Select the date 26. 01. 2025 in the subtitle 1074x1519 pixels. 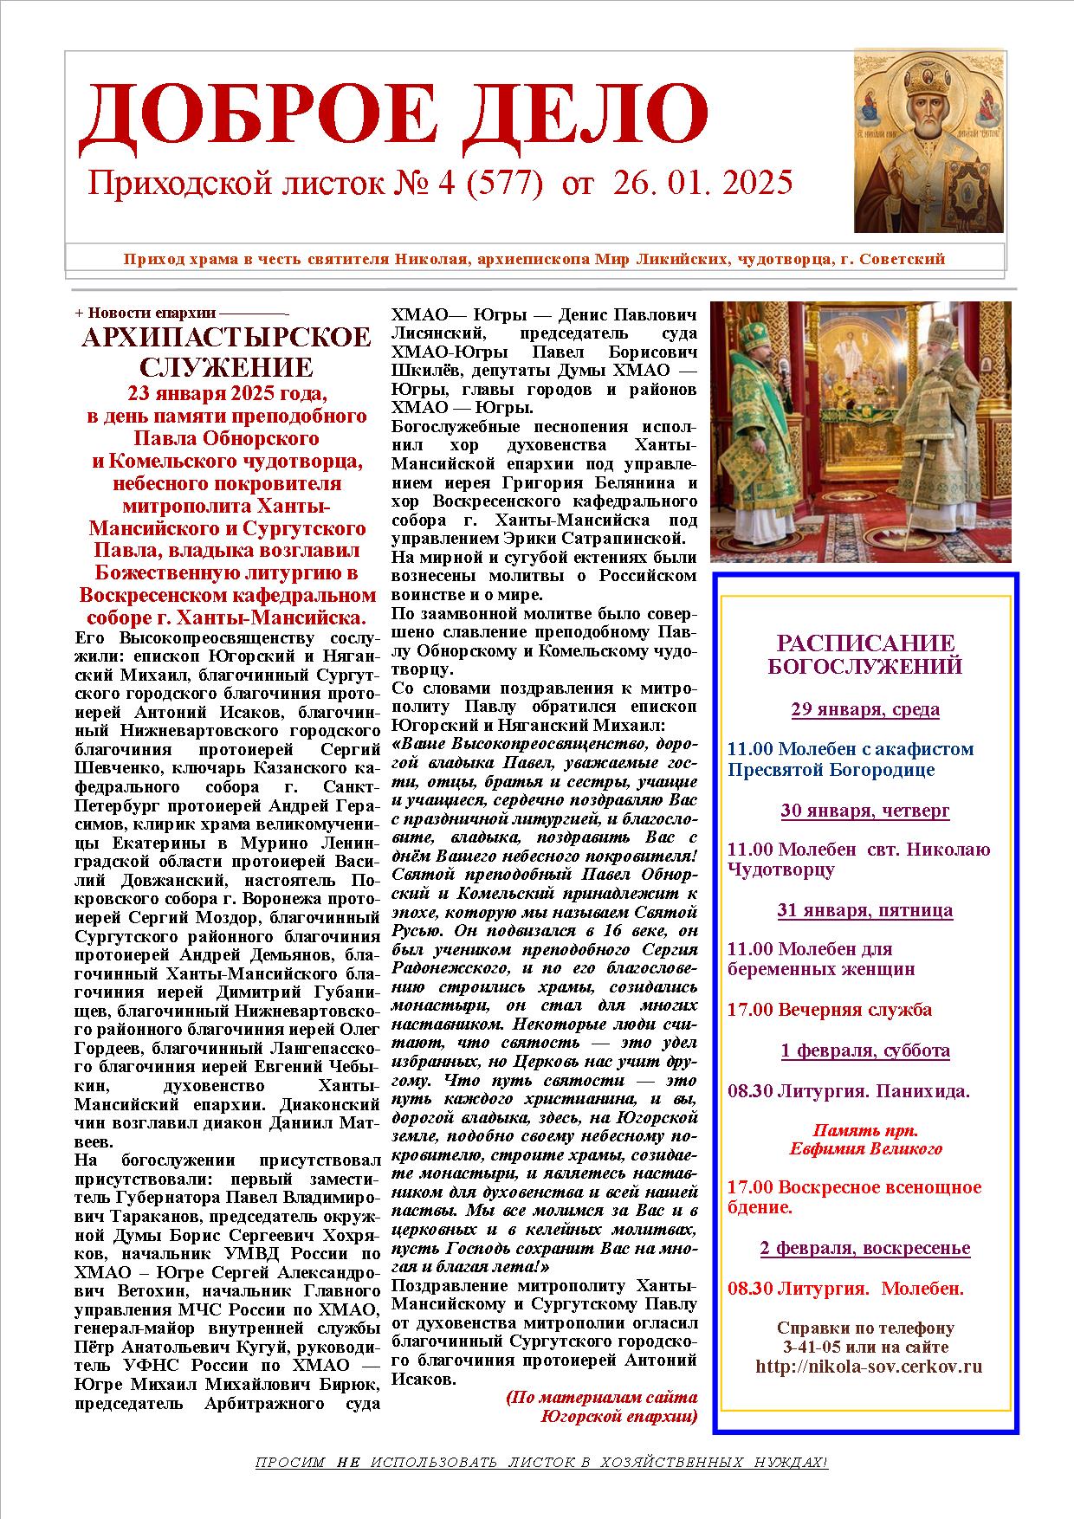coord(702,183)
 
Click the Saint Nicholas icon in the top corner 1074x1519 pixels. coord(929,141)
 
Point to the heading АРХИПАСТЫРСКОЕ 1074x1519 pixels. coord(226,339)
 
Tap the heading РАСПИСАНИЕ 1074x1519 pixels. coord(865,643)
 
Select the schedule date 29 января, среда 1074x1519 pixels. coord(865,709)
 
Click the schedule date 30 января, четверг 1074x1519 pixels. coord(865,811)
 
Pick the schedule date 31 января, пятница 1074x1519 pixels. coord(865,910)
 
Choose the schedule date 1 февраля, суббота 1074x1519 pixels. coord(865,1050)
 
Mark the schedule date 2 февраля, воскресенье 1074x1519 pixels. coord(865,1248)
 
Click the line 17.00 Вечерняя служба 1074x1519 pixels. coord(830,1010)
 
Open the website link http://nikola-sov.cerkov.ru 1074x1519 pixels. coord(869,1367)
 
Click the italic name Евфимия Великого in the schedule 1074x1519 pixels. coord(865,1149)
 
